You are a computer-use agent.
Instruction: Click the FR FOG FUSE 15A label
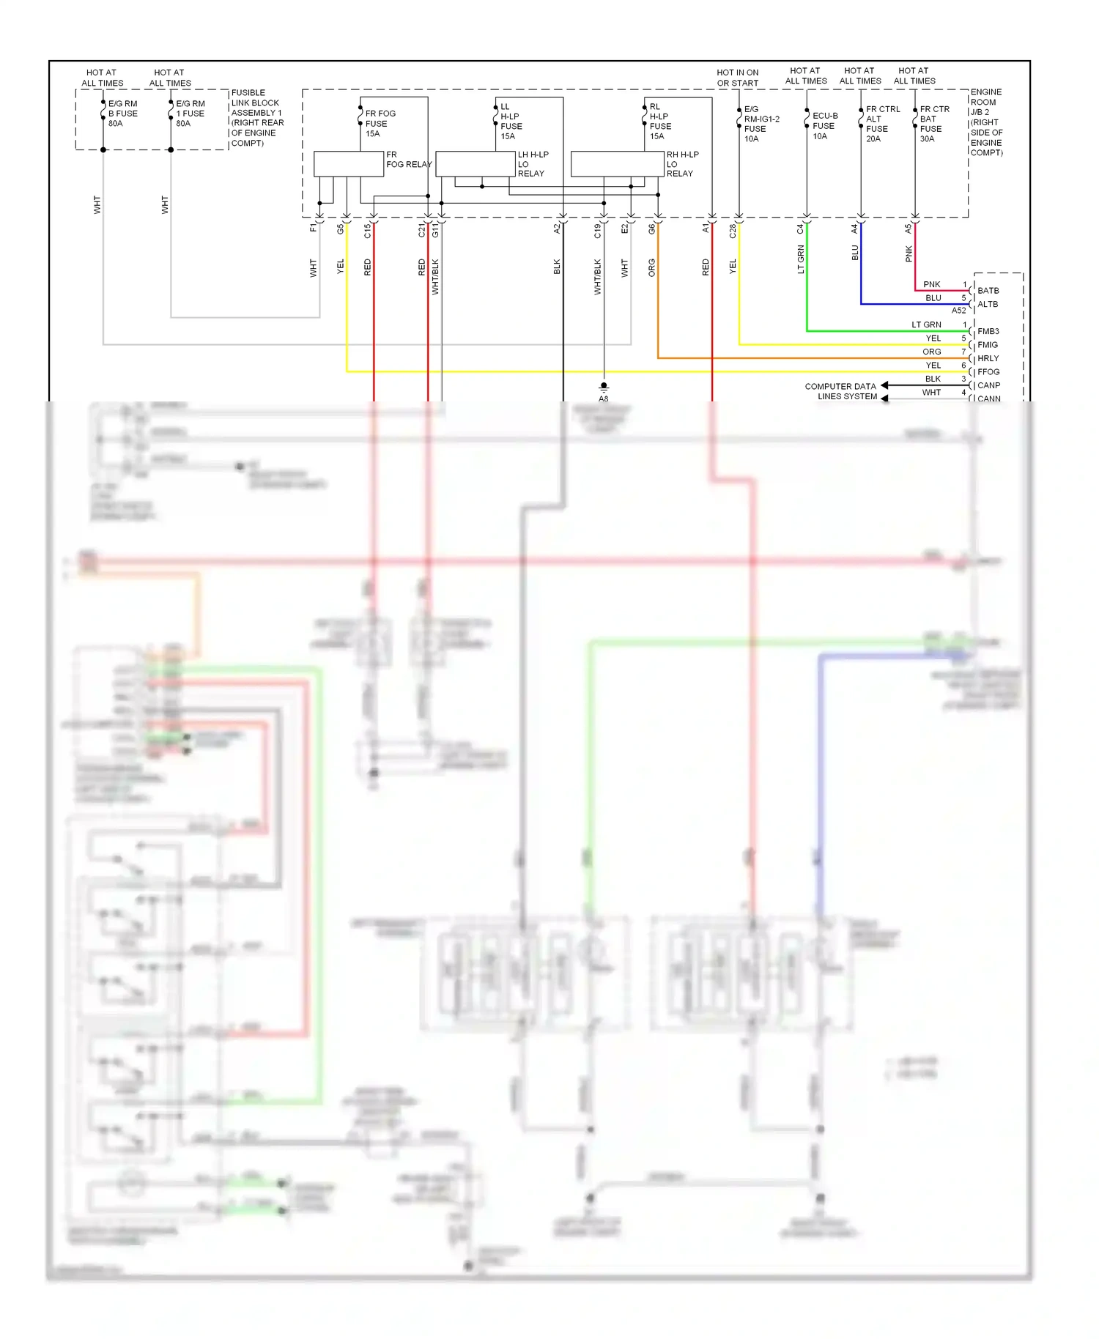(x=380, y=124)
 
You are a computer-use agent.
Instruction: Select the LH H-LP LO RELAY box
(x=475, y=164)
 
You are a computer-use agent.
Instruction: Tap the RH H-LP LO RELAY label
(x=681, y=164)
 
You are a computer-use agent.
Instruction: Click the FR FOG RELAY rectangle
(x=348, y=164)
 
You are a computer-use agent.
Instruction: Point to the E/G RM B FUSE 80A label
(x=122, y=114)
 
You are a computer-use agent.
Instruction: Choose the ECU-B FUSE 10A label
(x=824, y=126)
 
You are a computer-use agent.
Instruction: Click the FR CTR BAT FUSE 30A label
(x=933, y=124)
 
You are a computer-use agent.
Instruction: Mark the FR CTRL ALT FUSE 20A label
(x=881, y=124)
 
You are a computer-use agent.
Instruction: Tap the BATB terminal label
(x=988, y=291)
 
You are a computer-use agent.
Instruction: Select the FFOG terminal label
(x=988, y=372)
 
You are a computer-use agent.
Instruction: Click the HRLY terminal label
(x=988, y=359)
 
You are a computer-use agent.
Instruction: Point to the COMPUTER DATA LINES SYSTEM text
(x=841, y=391)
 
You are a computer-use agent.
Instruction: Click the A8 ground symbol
(x=603, y=386)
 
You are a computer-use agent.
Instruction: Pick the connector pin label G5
(x=340, y=229)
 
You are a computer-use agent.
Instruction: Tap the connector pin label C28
(x=732, y=231)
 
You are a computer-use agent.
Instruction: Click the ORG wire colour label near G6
(x=651, y=267)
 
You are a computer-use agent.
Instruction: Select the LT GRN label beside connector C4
(x=800, y=259)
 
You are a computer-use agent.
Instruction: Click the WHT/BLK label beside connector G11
(x=435, y=276)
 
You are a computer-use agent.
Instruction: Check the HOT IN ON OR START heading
(x=737, y=78)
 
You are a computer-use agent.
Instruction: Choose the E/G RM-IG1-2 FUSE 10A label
(x=761, y=124)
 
